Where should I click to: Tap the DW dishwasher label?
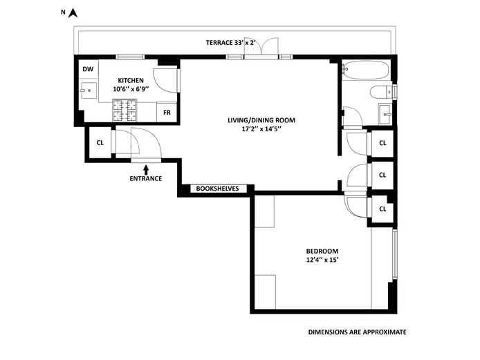[88, 68]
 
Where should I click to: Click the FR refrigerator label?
[167, 112]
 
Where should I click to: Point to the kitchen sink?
[88, 92]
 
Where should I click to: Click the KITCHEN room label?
[131, 80]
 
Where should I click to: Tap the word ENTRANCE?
[145, 179]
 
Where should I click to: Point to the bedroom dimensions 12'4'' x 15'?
[322, 260]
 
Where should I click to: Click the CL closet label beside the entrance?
[100, 143]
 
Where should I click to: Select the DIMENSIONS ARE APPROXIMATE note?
[357, 332]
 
